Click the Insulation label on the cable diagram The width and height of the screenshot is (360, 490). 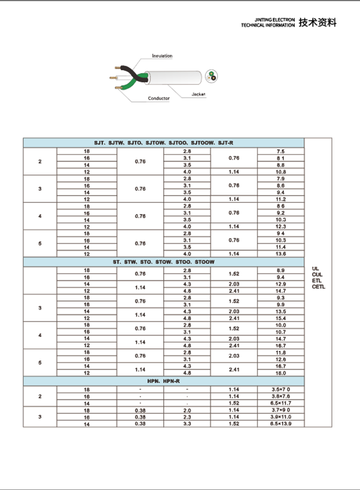tap(162, 56)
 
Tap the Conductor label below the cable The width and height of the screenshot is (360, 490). tap(159, 98)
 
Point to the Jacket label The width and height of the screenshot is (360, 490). tap(199, 95)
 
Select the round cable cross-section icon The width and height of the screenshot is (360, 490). tap(211, 76)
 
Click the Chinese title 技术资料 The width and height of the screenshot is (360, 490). tap(317, 23)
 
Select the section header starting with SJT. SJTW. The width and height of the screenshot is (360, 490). tap(164, 143)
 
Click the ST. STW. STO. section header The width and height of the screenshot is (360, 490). tap(164, 262)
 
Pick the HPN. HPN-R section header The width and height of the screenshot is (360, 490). tap(164, 381)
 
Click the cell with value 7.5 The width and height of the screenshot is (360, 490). tap(280, 151)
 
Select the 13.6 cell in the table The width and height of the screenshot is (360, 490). tap(280, 254)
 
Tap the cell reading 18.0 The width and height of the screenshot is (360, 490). tap(280, 373)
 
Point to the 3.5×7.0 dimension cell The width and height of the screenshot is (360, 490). tap(280, 390)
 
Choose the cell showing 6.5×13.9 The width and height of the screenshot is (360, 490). tap(280, 424)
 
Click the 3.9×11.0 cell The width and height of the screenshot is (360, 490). tap(280, 417)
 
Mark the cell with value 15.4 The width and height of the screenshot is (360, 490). tap(280, 318)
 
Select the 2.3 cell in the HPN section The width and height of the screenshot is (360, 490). tap(187, 417)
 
